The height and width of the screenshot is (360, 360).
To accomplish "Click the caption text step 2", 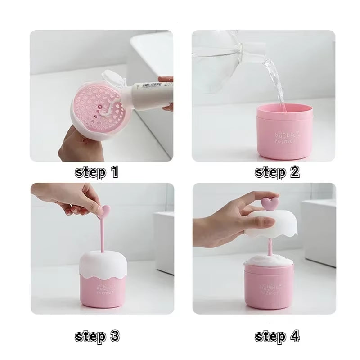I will [277, 172].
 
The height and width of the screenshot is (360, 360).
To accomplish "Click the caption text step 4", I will [277, 336].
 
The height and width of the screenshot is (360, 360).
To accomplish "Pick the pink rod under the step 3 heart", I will [103, 234].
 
